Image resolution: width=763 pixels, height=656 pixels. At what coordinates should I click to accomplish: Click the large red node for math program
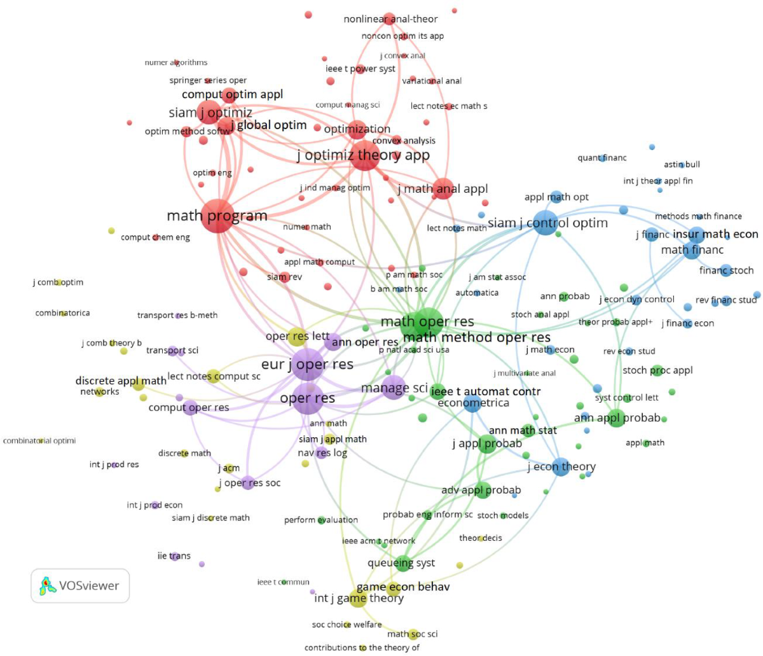tap(217, 216)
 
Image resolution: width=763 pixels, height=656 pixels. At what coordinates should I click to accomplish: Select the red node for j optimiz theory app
tap(365, 155)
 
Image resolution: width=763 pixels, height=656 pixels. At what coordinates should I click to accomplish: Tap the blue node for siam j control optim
tap(544, 223)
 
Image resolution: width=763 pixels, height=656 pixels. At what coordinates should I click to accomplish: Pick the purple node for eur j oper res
tap(308, 365)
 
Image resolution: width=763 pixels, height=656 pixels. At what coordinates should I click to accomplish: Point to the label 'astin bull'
tap(682, 164)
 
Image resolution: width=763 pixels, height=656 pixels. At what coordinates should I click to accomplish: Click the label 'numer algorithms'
tap(176, 62)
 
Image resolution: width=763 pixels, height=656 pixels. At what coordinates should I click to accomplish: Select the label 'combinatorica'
tap(62, 313)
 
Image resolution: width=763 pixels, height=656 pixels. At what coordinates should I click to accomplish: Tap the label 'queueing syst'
tap(401, 563)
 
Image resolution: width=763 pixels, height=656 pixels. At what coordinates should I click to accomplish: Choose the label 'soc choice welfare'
tap(347, 624)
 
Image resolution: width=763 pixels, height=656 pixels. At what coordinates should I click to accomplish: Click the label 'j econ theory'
tap(561, 466)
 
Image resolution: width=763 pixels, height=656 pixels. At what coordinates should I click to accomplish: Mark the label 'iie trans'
tap(174, 555)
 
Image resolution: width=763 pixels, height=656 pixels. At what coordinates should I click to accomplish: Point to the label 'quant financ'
tap(601, 158)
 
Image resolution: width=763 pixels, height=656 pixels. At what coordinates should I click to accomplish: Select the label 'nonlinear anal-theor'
tap(390, 19)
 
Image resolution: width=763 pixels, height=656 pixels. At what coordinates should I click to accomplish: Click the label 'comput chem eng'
tap(155, 237)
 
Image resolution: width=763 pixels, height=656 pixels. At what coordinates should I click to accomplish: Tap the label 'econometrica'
tap(473, 403)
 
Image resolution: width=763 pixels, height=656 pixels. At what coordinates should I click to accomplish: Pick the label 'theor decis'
tap(480, 538)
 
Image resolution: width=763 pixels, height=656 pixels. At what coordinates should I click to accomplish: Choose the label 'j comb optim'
tap(58, 282)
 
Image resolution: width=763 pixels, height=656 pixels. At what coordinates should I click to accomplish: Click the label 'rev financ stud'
tap(725, 300)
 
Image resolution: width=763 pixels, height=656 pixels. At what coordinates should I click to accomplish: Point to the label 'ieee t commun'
tap(283, 582)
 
